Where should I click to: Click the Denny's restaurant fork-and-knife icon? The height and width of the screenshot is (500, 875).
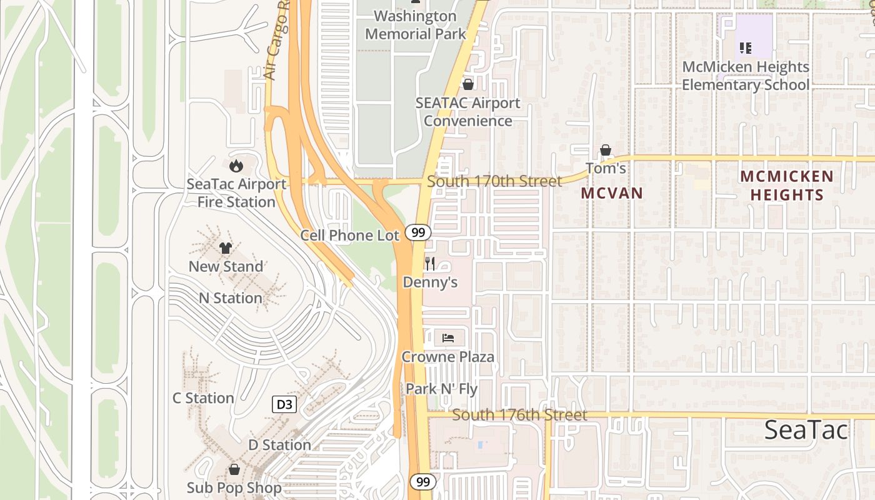tap(429, 263)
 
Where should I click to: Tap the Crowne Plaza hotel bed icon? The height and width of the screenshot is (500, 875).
tap(448, 338)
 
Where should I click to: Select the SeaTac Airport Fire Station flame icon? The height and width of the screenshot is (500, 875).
tap(236, 166)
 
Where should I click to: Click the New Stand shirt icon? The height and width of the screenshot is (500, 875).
tap(226, 248)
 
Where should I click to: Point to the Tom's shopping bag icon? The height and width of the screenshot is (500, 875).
tap(605, 150)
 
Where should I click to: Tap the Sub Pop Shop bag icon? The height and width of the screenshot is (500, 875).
tap(234, 469)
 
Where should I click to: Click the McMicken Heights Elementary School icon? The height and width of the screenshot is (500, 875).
tap(745, 47)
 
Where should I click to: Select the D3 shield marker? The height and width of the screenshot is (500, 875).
tap(284, 404)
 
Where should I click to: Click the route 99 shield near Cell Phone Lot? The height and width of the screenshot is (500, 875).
tap(418, 232)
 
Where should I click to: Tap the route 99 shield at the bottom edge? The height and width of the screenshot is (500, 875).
tap(423, 482)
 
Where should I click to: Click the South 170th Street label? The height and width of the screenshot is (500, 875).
tap(494, 181)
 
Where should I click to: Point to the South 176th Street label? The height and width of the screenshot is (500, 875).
tap(519, 415)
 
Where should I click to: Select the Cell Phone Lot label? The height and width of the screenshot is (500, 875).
tap(349, 236)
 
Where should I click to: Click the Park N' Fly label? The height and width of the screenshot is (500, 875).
tap(441, 389)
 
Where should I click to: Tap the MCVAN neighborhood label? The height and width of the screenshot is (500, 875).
tap(612, 193)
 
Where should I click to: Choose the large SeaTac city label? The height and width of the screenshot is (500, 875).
tap(806, 430)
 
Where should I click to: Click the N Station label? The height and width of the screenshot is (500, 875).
tap(231, 298)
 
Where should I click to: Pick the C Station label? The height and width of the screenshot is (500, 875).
tap(203, 398)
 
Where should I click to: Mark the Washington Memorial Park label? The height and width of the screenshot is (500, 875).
tap(416, 25)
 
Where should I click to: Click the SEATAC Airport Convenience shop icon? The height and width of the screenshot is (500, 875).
tap(467, 84)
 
